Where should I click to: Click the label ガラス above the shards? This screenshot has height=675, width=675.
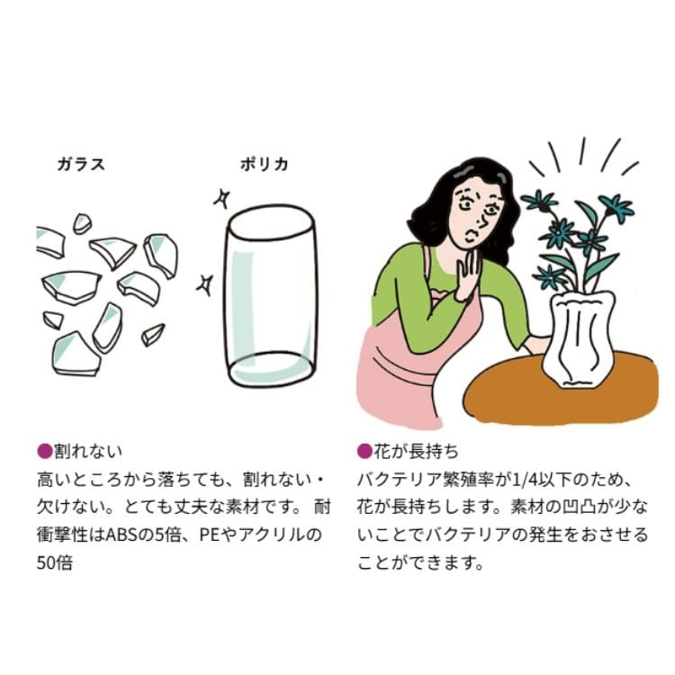coord(81,164)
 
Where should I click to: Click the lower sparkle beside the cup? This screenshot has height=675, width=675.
coord(204,285)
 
